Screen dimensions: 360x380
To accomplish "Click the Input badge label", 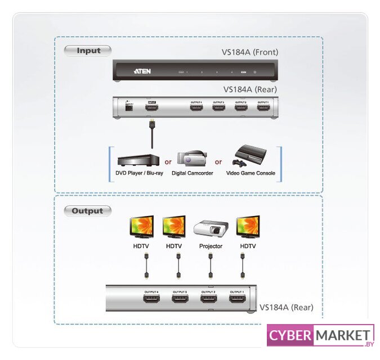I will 88,51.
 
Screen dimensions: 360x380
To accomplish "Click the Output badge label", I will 87,211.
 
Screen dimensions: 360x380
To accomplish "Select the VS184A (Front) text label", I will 250,53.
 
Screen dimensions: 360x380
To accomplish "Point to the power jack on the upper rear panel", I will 128,107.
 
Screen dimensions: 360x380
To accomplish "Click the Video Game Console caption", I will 251,173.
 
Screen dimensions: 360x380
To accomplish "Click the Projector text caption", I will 211,246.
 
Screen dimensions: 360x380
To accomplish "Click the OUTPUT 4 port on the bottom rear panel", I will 151,299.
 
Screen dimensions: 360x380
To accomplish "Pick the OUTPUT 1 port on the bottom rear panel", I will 237,299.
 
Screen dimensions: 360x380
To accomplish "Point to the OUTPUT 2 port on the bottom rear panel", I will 208,299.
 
